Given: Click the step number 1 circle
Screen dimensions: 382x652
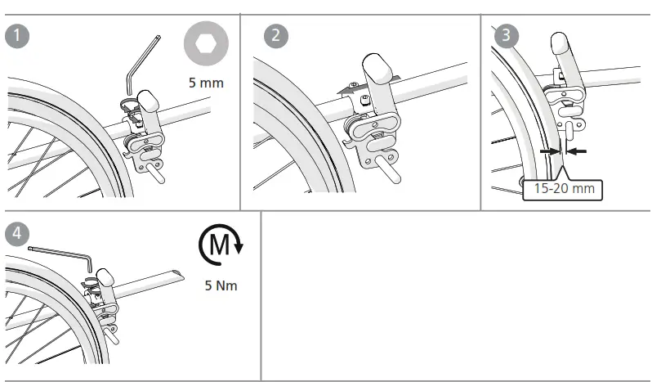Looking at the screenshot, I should click(16, 37).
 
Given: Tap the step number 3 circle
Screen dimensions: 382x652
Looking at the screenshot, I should click(507, 36).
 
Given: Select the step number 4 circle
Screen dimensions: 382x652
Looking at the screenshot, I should click(16, 232).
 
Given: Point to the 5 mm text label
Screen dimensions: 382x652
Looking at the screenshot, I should click(205, 83).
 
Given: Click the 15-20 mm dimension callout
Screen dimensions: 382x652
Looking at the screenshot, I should click(563, 190).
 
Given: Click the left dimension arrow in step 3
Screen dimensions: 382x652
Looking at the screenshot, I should click(547, 151).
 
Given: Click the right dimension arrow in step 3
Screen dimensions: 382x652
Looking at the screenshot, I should click(578, 151).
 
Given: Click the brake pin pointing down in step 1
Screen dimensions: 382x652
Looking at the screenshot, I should click(155, 173).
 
